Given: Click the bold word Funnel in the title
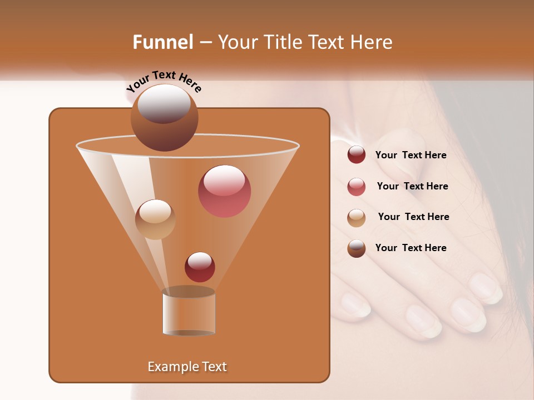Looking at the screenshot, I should pos(162,42).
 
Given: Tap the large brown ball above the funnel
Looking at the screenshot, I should pos(164,118).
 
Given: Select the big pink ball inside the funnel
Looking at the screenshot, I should pos(224,191).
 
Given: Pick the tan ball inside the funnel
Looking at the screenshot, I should pos(155,219).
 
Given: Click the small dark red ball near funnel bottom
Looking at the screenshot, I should pos(200,267).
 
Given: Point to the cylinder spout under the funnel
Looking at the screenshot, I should pos(189,312).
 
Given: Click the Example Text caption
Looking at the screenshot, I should pos(187,367).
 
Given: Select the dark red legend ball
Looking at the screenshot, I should pos(357,154).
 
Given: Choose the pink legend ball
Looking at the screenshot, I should pos(357,187).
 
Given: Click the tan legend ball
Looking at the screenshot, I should pos(357,218).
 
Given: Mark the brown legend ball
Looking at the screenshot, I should pos(357,248).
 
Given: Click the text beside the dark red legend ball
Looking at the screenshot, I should pos(411,155).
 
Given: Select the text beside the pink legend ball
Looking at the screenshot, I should pos(412,186).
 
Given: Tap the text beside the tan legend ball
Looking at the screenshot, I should pos(413,217).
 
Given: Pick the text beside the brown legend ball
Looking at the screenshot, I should pos(411,248).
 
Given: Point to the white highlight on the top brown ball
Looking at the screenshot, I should pos(164,104).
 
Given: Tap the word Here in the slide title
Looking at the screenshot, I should pos(373,42).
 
